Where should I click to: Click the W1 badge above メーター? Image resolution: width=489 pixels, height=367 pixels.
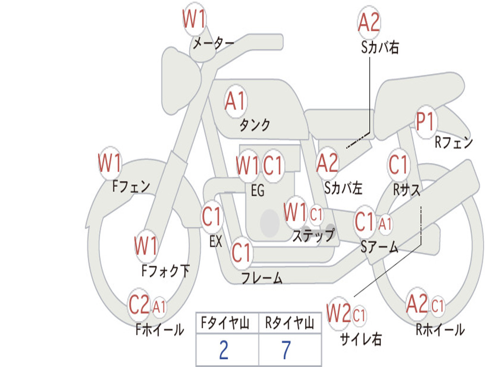194,19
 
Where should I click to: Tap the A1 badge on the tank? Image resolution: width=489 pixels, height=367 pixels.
236,102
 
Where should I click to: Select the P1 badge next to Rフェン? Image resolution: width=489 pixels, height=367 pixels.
426,122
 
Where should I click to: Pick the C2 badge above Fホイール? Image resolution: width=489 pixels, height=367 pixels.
139,304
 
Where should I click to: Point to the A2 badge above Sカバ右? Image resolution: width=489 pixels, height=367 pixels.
369,22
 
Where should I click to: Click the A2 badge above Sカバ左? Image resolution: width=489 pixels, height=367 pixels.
328,163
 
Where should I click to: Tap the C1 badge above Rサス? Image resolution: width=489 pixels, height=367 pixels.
398,164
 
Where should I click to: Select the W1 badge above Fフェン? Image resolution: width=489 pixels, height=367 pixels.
110,163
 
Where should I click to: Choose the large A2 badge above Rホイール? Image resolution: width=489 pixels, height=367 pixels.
417,304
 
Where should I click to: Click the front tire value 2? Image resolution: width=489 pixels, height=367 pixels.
224,350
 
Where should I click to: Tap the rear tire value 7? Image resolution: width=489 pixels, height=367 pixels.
287,350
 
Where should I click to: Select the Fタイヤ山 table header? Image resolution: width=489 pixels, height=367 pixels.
225,323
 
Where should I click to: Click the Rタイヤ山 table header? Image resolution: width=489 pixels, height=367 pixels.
289,323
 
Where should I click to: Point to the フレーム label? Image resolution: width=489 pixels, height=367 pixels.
262,278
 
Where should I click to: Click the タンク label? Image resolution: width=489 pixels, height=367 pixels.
255,125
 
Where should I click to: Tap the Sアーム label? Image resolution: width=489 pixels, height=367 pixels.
380,247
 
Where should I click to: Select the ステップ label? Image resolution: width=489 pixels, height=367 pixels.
313,235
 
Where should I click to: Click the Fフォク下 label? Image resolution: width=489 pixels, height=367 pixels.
166,270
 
